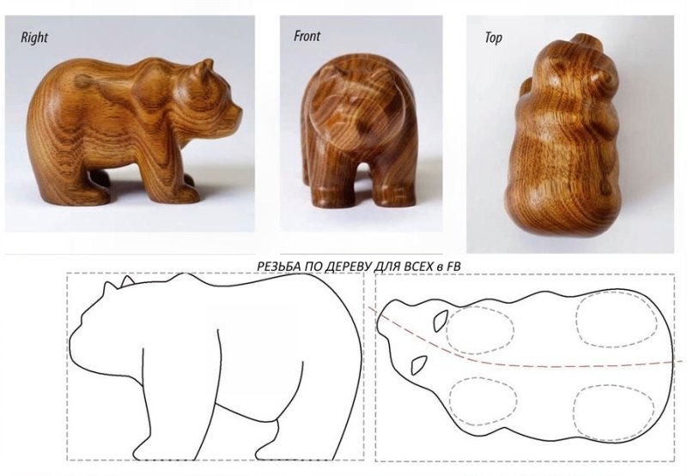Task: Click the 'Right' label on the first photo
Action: (x=33, y=37)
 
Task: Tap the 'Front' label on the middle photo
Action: (x=307, y=36)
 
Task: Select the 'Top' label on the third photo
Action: (x=493, y=38)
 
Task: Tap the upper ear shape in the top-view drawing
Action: (x=441, y=321)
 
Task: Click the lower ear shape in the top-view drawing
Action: (x=419, y=365)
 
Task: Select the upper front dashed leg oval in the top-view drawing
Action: (x=480, y=330)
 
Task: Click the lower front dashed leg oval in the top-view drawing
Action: (x=483, y=401)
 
